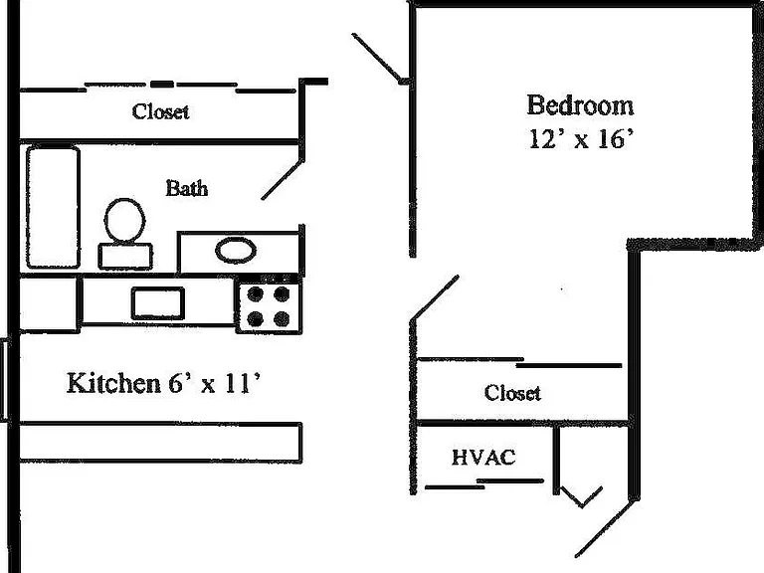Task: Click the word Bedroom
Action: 580,105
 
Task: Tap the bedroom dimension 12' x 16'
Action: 581,139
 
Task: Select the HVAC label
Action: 483,458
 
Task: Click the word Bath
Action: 187,188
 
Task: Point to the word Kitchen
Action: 113,383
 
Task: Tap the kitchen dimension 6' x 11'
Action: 215,383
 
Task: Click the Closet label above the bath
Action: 160,111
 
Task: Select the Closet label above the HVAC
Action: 512,393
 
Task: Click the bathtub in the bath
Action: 53,208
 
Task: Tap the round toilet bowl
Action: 124,221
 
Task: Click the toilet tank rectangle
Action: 125,257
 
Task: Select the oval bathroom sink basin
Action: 236,251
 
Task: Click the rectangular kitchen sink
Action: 158,303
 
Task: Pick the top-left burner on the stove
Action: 256,294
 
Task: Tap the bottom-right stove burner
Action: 282,319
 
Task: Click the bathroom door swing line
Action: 283,180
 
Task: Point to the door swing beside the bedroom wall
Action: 378,58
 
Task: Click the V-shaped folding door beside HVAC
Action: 581,497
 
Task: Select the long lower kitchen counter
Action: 161,443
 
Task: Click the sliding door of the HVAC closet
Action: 483,483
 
